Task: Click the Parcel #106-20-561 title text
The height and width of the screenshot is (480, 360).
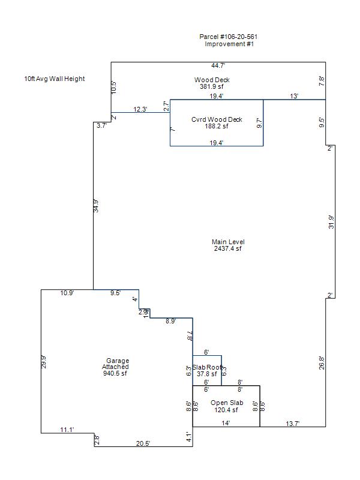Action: [229, 37]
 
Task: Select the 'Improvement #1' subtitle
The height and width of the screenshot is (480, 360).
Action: [229, 44]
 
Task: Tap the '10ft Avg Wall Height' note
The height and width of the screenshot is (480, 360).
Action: [55, 79]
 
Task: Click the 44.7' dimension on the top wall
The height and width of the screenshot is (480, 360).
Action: [218, 65]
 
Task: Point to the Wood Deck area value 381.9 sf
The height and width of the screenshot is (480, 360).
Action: [212, 86]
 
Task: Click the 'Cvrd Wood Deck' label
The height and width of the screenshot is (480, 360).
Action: [217, 119]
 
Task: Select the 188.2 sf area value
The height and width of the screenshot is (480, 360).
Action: [217, 126]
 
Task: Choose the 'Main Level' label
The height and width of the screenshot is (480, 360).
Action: [228, 242]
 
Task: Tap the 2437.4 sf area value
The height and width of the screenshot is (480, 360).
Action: [228, 248]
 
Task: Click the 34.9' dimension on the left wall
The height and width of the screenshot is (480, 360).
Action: [96, 206]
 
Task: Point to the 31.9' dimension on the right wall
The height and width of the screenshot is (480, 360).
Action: [331, 222]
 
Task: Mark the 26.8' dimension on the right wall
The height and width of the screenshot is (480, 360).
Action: [322, 362]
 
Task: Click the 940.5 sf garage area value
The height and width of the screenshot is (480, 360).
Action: [115, 373]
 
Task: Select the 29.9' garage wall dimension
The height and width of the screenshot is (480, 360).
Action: [44, 362]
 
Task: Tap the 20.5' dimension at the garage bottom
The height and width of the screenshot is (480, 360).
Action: [143, 443]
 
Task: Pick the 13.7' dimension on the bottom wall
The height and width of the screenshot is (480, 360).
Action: [292, 424]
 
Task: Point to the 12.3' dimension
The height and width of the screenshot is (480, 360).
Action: [140, 109]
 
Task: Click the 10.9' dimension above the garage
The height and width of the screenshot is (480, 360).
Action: [67, 293]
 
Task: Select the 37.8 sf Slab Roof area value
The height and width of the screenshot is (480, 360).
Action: [207, 374]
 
